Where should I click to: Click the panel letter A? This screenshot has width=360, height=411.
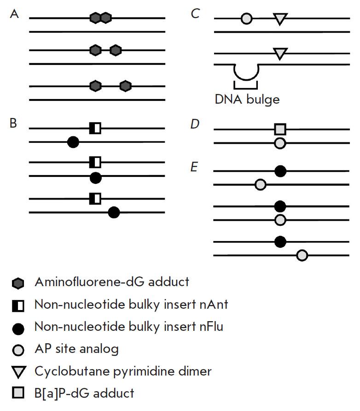click(x=14, y=14)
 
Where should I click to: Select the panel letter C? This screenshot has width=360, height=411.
click(x=195, y=14)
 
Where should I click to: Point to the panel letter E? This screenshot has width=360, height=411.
click(x=194, y=166)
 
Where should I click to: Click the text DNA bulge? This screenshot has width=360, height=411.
click(x=247, y=99)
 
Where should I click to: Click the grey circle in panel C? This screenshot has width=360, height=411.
click(x=246, y=19)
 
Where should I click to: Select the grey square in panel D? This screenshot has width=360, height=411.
click(x=280, y=129)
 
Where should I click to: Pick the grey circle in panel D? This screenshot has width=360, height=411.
click(x=280, y=143)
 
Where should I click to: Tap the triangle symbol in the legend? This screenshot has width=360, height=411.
click(x=18, y=371)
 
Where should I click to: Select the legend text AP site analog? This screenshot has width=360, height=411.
click(x=76, y=348)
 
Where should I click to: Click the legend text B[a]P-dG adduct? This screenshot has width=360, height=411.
click(x=84, y=393)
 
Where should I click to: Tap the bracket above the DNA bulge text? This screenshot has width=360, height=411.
click(x=245, y=86)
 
